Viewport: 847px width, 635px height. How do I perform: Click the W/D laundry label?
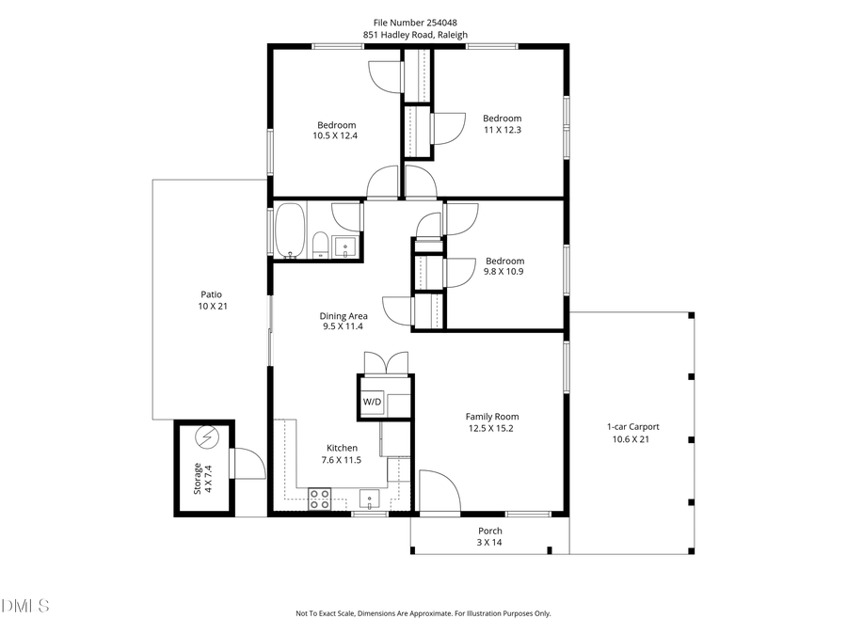click(x=373, y=403)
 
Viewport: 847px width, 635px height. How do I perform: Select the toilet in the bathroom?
click(x=319, y=245)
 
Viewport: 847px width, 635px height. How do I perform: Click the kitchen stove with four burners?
click(x=320, y=499)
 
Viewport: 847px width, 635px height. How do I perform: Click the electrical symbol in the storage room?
click(x=206, y=437)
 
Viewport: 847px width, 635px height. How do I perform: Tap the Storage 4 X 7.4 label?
click(x=203, y=478)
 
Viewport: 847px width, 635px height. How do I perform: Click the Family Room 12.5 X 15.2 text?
click(x=491, y=422)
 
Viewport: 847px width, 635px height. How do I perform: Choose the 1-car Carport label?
click(x=631, y=433)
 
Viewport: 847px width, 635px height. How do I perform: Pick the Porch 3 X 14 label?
click(x=488, y=536)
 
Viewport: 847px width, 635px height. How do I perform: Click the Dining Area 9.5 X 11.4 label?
click(x=343, y=321)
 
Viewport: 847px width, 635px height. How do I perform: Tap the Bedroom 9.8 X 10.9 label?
click(x=504, y=266)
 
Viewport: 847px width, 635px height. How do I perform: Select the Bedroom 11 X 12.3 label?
click(x=502, y=124)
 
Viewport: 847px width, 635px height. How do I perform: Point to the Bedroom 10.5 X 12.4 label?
click(x=336, y=131)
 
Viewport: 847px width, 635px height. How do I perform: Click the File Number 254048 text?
click(x=423, y=23)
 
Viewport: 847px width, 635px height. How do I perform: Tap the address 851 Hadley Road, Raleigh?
click(x=423, y=35)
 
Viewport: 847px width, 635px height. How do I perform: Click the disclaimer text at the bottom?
click(x=423, y=613)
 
